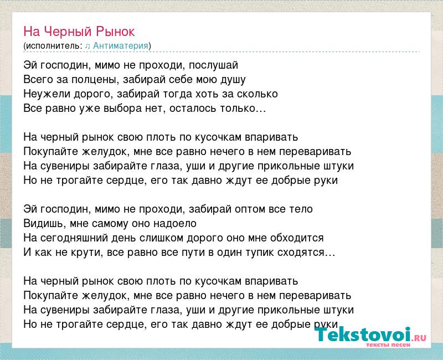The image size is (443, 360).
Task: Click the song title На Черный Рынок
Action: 79,32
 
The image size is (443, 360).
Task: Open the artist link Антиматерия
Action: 121,46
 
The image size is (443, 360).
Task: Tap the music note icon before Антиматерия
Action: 87,46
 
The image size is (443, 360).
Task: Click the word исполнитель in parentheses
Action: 53,46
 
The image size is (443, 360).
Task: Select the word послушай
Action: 213,65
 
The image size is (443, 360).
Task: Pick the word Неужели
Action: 47,94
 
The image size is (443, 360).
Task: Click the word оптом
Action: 250,209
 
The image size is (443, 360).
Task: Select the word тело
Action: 301,209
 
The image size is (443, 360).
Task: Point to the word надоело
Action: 174,224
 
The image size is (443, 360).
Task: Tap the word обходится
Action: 297,238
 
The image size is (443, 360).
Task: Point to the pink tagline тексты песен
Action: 388,345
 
